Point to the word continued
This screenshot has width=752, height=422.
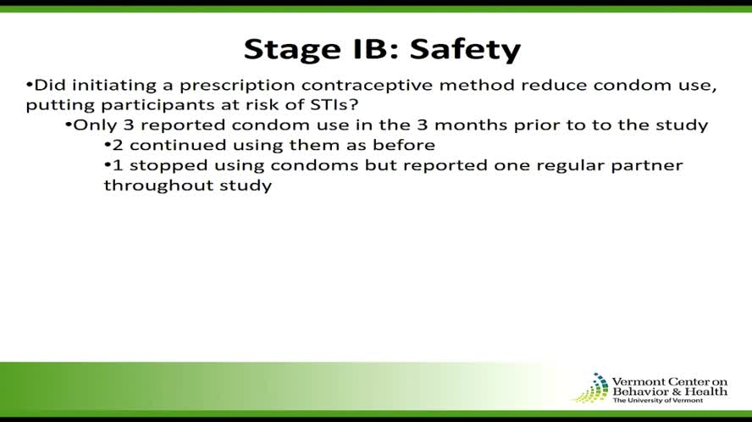coord(169,144)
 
